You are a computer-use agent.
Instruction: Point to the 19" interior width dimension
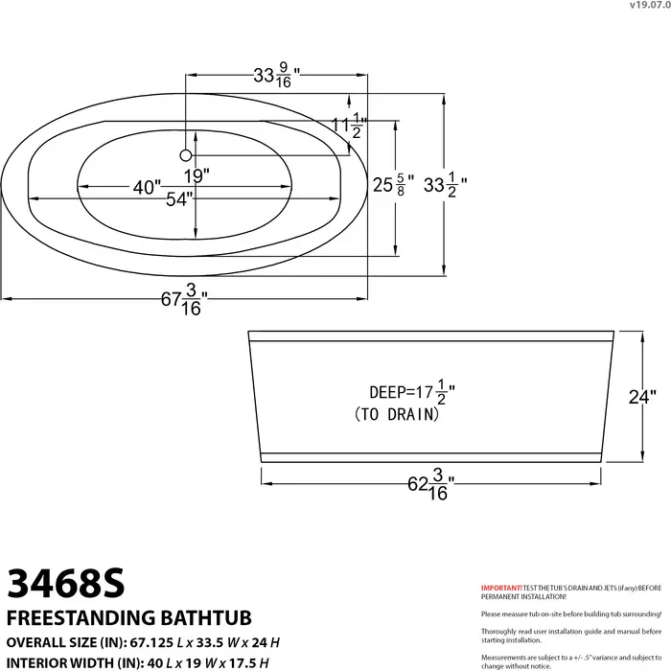pyautogui.click(x=199, y=175)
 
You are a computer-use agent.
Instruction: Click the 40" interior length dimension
pyautogui.click(x=147, y=188)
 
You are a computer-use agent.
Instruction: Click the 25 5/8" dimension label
pyautogui.click(x=393, y=183)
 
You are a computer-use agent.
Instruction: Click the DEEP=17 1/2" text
pyautogui.click(x=411, y=392)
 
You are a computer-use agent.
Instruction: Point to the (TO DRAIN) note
pyautogui.click(x=396, y=414)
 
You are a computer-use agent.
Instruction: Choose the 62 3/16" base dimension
pyautogui.click(x=428, y=487)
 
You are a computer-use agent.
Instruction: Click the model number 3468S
pyautogui.click(x=67, y=582)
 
